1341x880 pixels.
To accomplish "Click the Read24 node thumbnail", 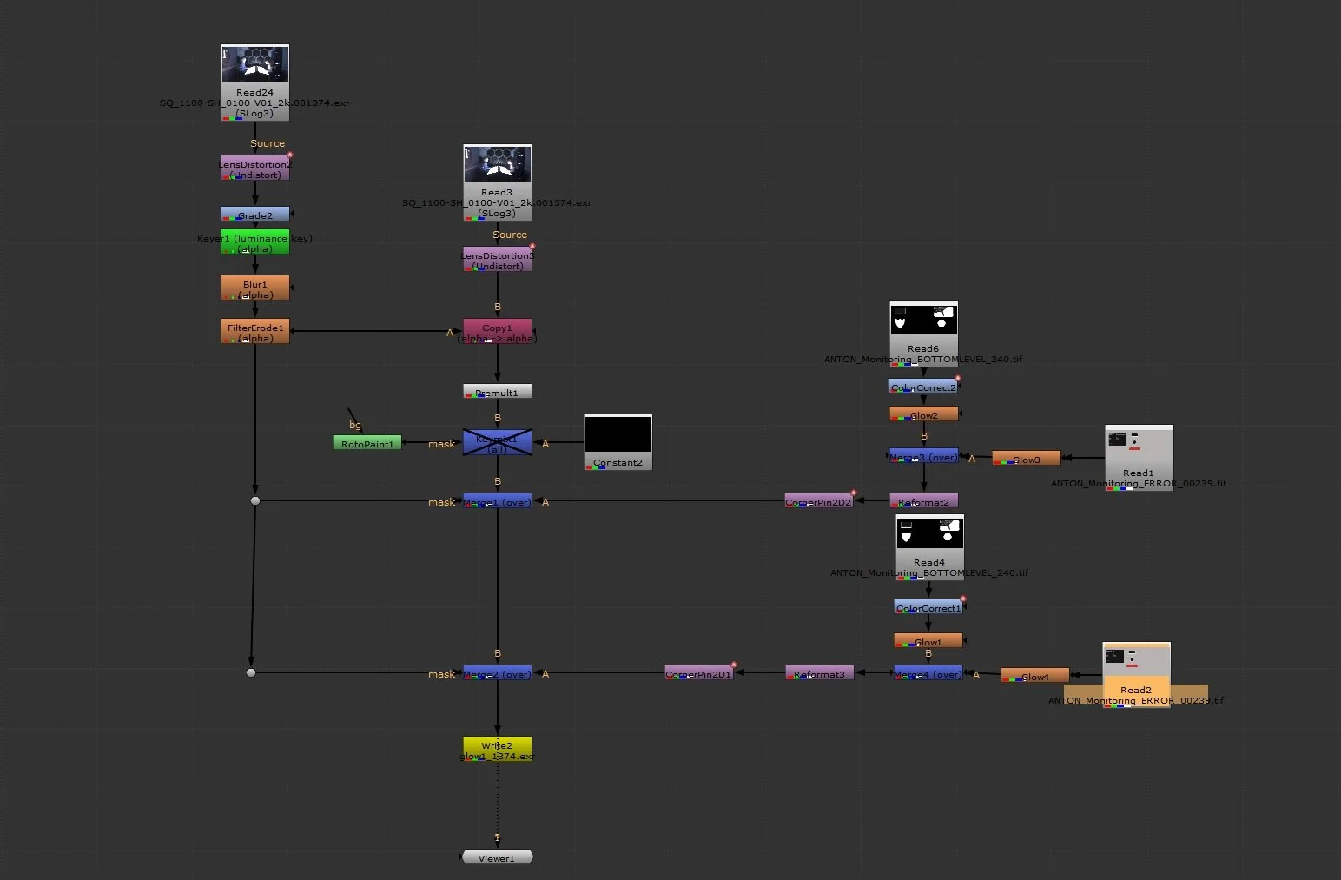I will tap(254, 65).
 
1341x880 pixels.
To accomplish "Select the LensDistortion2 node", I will tap(254, 169).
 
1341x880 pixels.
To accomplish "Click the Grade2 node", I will tap(254, 215).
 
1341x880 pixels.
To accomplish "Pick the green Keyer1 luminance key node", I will tap(254, 242).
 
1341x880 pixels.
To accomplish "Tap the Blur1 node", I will tap(254, 288).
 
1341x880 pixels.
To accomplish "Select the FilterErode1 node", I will tap(254, 332).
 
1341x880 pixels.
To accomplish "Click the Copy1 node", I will tap(497, 332).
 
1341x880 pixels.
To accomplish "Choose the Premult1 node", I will tap(497, 392).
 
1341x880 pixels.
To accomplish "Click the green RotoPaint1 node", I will tap(367, 443).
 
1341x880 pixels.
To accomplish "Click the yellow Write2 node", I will tap(497, 750).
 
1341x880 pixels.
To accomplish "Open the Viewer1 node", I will tap(497, 857).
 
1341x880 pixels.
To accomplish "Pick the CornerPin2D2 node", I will tap(818, 501).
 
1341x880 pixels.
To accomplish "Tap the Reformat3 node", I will tap(819, 673).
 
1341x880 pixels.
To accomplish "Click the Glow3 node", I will tap(1026, 459).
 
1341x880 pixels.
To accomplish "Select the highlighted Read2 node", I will tap(1136, 675).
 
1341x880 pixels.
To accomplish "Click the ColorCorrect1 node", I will tap(928, 607).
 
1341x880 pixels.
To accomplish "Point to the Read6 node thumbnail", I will tap(923, 319).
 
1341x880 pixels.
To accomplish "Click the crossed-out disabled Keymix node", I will tap(497, 442).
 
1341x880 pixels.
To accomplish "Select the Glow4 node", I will tap(1034, 676).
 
